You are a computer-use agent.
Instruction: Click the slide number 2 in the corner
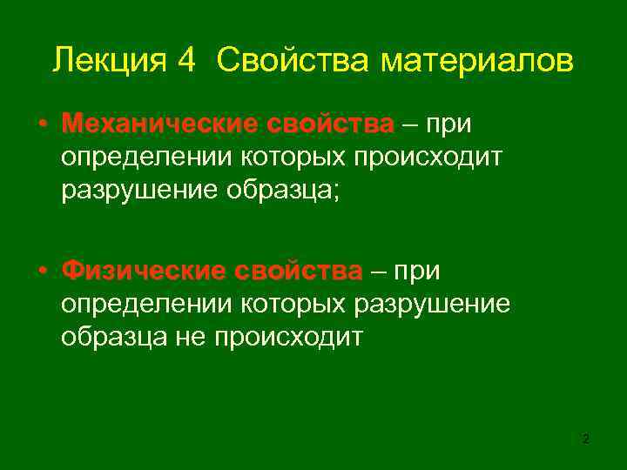[585, 440]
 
